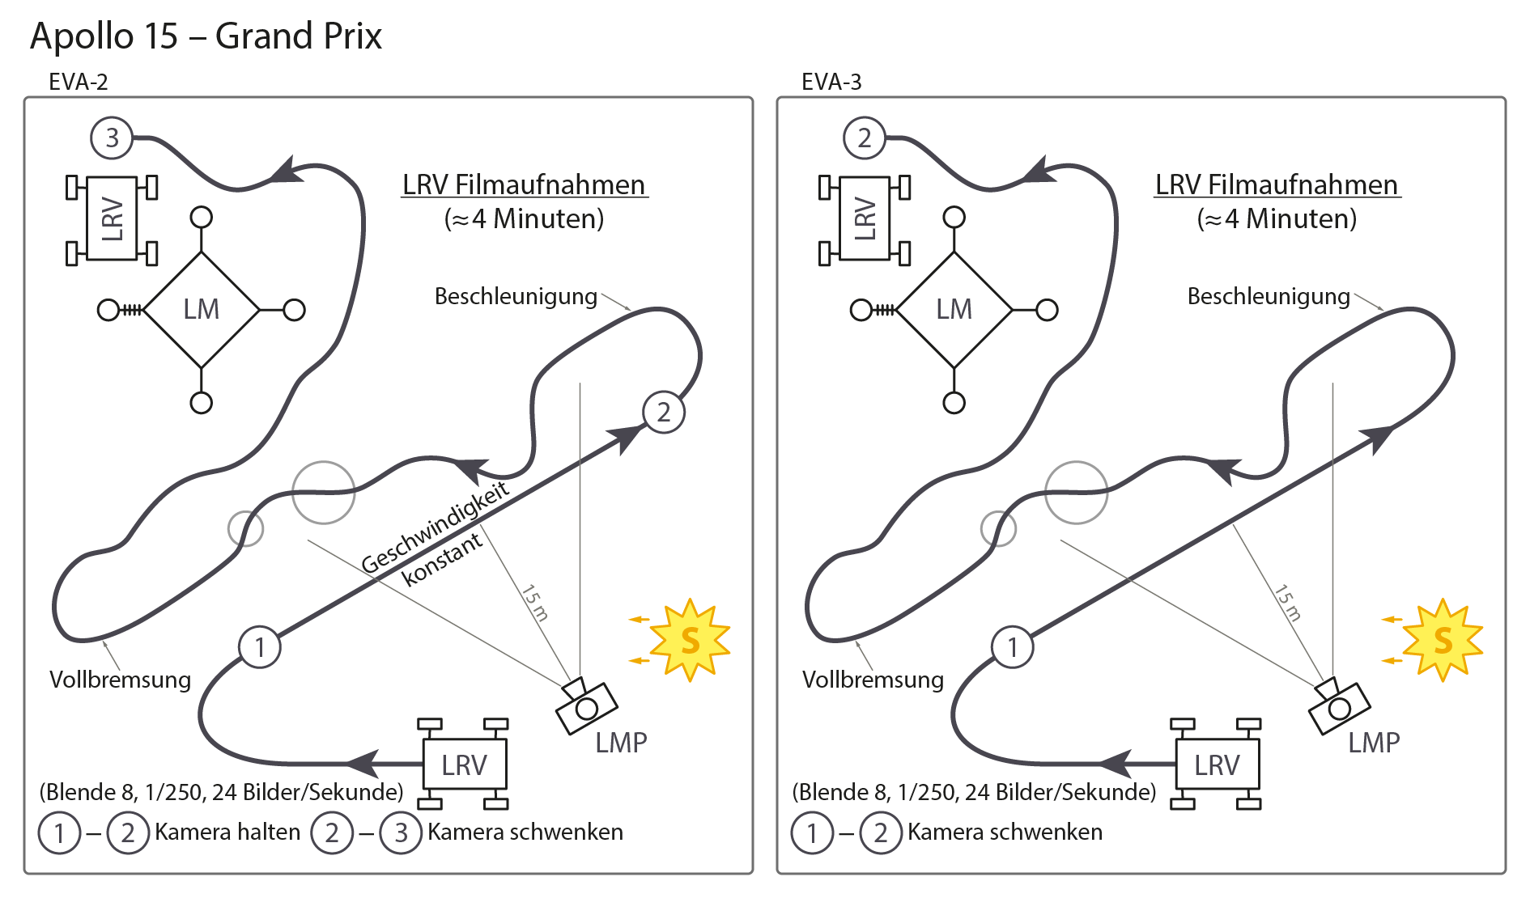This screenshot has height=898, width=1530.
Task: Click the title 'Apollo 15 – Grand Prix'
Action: (x=206, y=36)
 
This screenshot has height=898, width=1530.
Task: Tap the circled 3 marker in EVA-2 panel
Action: (x=112, y=138)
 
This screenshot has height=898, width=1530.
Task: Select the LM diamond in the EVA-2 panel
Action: (x=201, y=310)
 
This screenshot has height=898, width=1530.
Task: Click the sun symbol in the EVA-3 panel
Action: (x=1442, y=640)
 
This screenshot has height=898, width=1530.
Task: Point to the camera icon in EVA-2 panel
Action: (x=585, y=706)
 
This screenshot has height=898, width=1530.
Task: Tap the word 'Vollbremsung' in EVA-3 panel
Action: (x=873, y=680)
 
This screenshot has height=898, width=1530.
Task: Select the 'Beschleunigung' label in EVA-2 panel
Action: (x=516, y=296)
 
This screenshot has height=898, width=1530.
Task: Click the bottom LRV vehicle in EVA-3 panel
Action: (x=1216, y=765)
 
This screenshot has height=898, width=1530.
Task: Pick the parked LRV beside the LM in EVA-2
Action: (x=112, y=219)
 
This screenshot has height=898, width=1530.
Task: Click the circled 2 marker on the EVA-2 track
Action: (x=664, y=412)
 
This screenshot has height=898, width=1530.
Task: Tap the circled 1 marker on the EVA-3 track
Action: (x=1012, y=647)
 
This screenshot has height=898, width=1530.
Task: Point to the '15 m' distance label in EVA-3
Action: (x=1288, y=603)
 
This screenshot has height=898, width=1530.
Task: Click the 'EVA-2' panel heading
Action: (x=78, y=82)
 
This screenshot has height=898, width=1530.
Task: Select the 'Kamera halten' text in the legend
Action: (x=227, y=832)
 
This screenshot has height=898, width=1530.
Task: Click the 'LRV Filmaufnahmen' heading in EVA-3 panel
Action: (x=1277, y=184)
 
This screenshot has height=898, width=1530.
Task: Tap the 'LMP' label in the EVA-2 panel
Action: (x=621, y=743)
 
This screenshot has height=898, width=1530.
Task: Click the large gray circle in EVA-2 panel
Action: (x=323, y=493)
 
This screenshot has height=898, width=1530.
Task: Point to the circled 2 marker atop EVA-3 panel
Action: (x=865, y=138)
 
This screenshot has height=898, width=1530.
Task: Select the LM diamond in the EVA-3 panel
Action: (x=954, y=310)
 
